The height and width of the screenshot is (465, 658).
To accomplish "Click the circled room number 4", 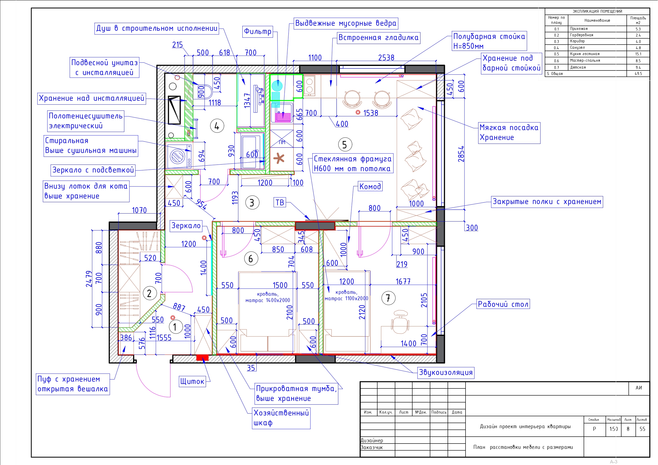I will pyautogui.click(x=217, y=126).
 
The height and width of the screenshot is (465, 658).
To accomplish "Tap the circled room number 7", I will pyautogui.click(x=388, y=298).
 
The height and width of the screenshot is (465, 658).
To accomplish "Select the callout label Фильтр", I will pyautogui.click(x=257, y=32).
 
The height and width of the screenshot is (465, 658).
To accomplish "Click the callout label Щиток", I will pyautogui.click(x=192, y=381).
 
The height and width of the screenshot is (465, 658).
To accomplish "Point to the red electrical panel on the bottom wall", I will pyautogui.click(x=202, y=358).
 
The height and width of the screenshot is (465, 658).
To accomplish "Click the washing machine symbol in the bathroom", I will pyautogui.click(x=178, y=156).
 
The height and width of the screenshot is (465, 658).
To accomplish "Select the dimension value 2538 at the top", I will pyautogui.click(x=386, y=58).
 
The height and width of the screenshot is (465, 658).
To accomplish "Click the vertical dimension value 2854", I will pyautogui.click(x=461, y=154).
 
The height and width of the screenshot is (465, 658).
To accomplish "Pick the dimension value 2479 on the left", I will pyautogui.click(x=89, y=279).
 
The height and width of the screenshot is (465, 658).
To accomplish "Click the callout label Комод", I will pyautogui.click(x=370, y=187).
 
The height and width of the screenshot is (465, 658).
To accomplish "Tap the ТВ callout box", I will pyautogui.click(x=280, y=203).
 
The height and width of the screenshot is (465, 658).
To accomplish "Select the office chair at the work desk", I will pyautogui.click(x=400, y=322).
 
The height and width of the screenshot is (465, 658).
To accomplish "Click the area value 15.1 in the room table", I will pyautogui.click(x=638, y=54).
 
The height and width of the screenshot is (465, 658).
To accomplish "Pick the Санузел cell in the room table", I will pyautogui.click(x=577, y=48).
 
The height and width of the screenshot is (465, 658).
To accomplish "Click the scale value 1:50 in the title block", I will pyautogui.click(x=613, y=429).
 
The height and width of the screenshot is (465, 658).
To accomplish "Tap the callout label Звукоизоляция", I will pyautogui.click(x=445, y=373).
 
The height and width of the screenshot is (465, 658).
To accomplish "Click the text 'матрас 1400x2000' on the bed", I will pyautogui.click(x=267, y=300).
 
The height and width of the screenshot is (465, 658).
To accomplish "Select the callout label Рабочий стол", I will pyautogui.click(x=503, y=304).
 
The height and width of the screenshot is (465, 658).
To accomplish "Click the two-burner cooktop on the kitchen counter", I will pyautogui.click(x=309, y=86).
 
